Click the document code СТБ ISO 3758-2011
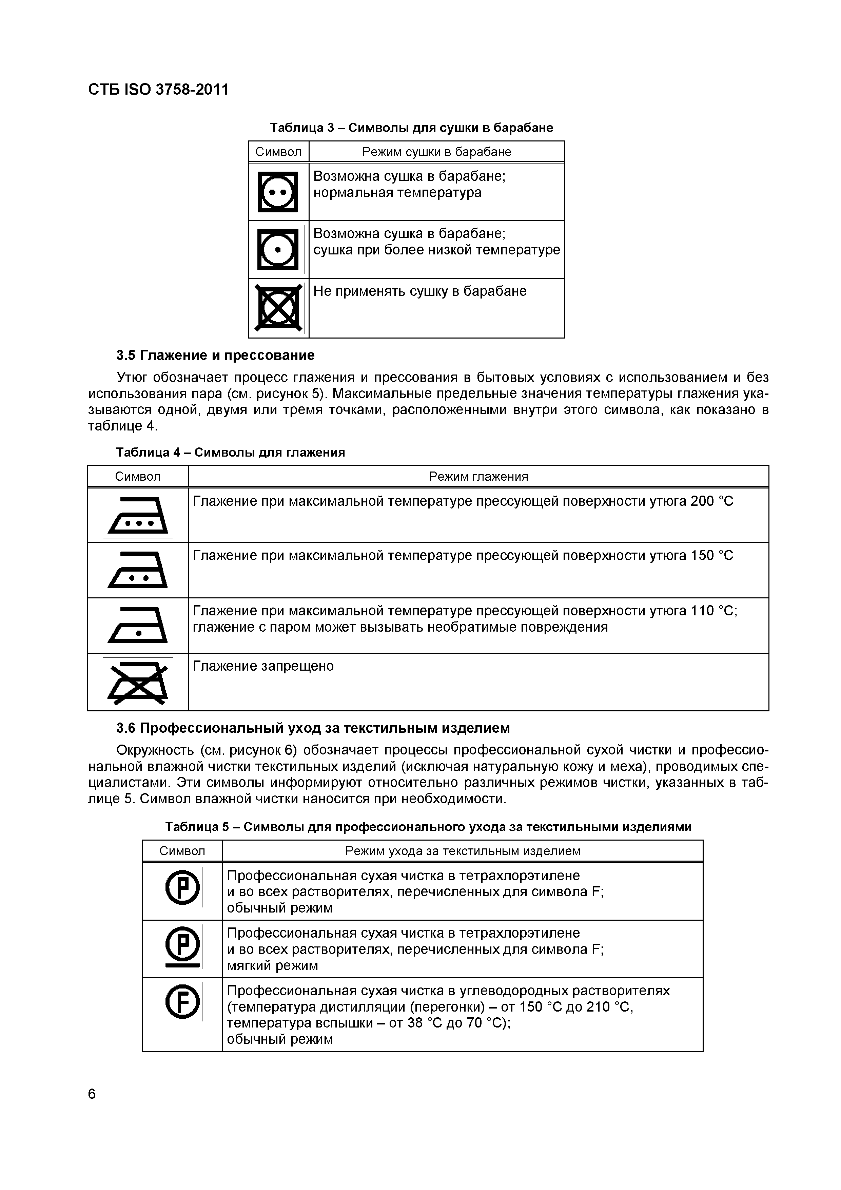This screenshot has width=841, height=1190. [x=158, y=90]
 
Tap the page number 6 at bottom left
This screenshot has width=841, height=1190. [x=92, y=1094]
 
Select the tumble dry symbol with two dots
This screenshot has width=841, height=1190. [x=278, y=192]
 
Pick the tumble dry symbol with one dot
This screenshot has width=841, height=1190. [x=278, y=250]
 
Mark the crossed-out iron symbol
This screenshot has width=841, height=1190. [x=138, y=682]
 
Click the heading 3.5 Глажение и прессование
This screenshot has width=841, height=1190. [x=215, y=355]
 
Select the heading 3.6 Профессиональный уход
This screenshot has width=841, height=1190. [x=313, y=728]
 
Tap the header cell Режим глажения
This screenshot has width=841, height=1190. [x=478, y=476]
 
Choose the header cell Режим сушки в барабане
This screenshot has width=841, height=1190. [x=436, y=152]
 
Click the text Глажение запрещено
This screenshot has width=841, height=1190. [x=263, y=666]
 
